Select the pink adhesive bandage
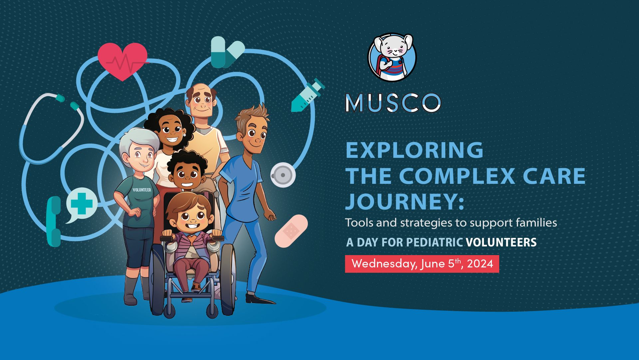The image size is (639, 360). (x=291, y=230)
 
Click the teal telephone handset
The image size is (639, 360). (x=54, y=221)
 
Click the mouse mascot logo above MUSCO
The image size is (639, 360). (x=392, y=57)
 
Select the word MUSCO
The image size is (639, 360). (x=393, y=103)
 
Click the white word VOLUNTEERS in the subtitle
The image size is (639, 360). (x=501, y=242)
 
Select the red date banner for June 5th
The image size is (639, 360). (x=422, y=264)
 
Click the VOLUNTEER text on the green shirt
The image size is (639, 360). (x=142, y=190)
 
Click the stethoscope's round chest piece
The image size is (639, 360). (x=283, y=175)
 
